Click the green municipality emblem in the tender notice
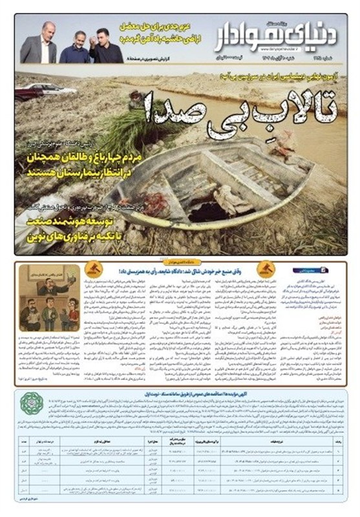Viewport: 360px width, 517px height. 29,404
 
